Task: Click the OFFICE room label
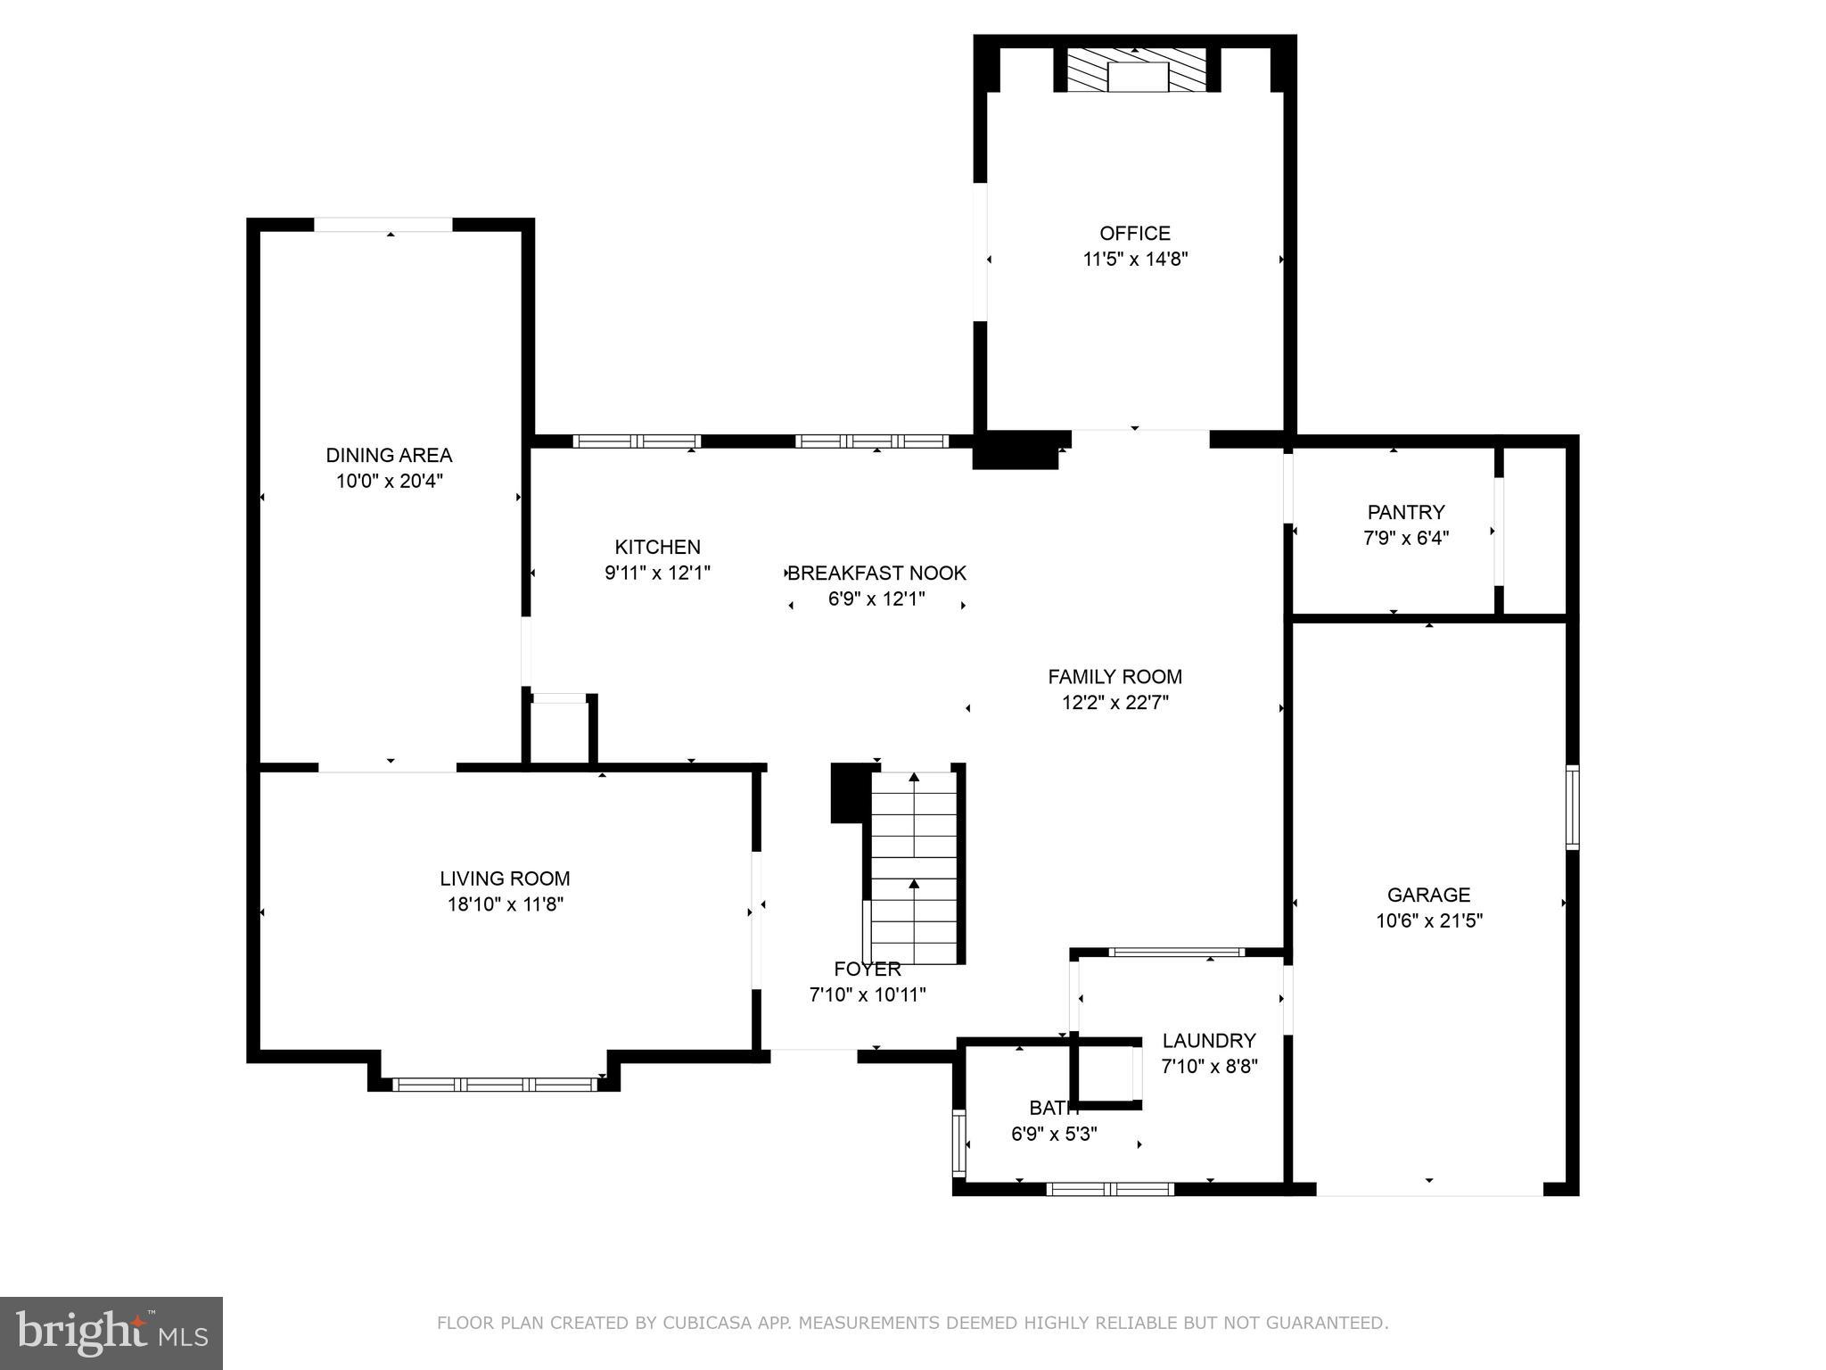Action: point(1134,234)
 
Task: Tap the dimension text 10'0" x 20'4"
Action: point(389,482)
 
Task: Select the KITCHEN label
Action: point(657,547)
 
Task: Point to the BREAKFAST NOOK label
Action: point(877,574)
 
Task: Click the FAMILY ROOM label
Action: point(1115,677)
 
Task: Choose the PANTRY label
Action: point(1405,513)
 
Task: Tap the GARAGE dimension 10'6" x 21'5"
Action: point(1428,920)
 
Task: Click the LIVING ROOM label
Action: point(505,879)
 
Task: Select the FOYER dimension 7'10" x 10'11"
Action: point(867,994)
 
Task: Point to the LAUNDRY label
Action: point(1208,1041)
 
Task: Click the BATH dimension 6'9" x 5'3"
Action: point(1053,1135)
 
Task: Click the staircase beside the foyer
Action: point(914,865)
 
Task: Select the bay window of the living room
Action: point(496,1085)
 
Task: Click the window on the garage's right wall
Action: point(1572,807)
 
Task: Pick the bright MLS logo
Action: point(111,1333)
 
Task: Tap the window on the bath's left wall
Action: point(959,1143)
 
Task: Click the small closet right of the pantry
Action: point(1534,531)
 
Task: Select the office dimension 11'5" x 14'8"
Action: point(1135,260)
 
